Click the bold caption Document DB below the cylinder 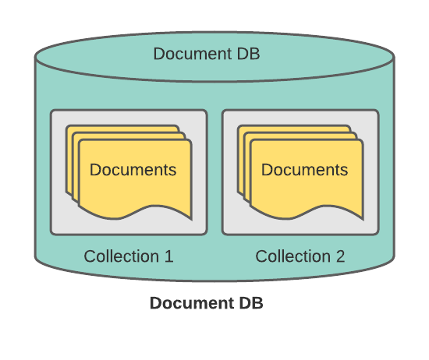[207, 303]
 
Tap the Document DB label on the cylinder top [207, 54]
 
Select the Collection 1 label [129, 256]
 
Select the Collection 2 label [300, 256]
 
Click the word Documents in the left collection [133, 170]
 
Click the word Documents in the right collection [304, 170]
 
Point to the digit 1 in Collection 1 [169, 256]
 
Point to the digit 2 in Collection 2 [340, 256]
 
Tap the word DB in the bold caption [251, 303]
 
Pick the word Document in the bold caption [192, 303]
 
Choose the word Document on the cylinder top [193, 54]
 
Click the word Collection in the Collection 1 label [122, 256]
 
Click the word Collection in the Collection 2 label [293, 256]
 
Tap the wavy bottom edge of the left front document [135, 212]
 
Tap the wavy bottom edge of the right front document [307, 212]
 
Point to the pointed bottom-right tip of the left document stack [191, 219]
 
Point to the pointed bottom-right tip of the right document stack [363, 219]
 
